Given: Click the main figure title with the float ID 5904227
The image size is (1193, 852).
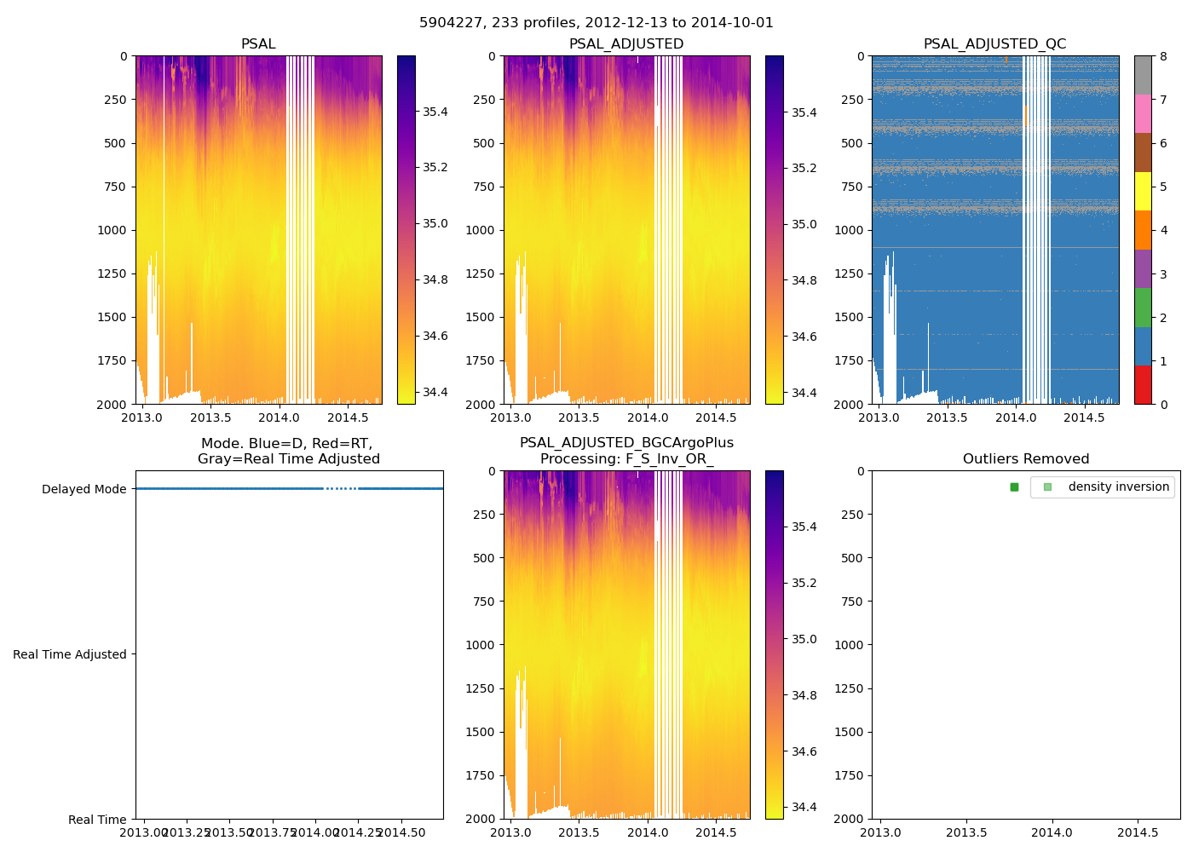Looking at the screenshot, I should [x=596, y=23].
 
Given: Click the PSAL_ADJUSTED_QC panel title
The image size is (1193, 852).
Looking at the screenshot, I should [x=994, y=44].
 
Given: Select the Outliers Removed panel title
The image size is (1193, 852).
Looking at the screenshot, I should [x=1026, y=459].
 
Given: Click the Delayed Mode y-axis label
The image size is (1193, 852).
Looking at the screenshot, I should [x=84, y=489].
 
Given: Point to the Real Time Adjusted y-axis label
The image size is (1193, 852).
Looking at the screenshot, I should [x=70, y=654].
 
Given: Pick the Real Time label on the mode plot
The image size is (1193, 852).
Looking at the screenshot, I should [x=97, y=820].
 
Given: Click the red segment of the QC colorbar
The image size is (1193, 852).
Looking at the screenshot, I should [x=1143, y=384].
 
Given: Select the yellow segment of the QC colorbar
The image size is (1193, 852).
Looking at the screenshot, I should [x=1143, y=191].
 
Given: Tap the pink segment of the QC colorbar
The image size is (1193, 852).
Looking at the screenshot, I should [x=1143, y=113].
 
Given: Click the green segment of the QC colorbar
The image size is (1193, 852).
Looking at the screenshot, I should [x=1143, y=307].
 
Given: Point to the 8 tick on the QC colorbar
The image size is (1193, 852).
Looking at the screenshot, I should [x=1163, y=56].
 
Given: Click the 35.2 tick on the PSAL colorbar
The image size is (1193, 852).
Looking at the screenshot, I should [x=435, y=167].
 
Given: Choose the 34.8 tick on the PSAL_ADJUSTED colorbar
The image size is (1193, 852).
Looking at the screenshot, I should [x=804, y=280].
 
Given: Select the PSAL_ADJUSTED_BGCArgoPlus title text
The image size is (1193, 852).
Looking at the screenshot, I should [x=626, y=443].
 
